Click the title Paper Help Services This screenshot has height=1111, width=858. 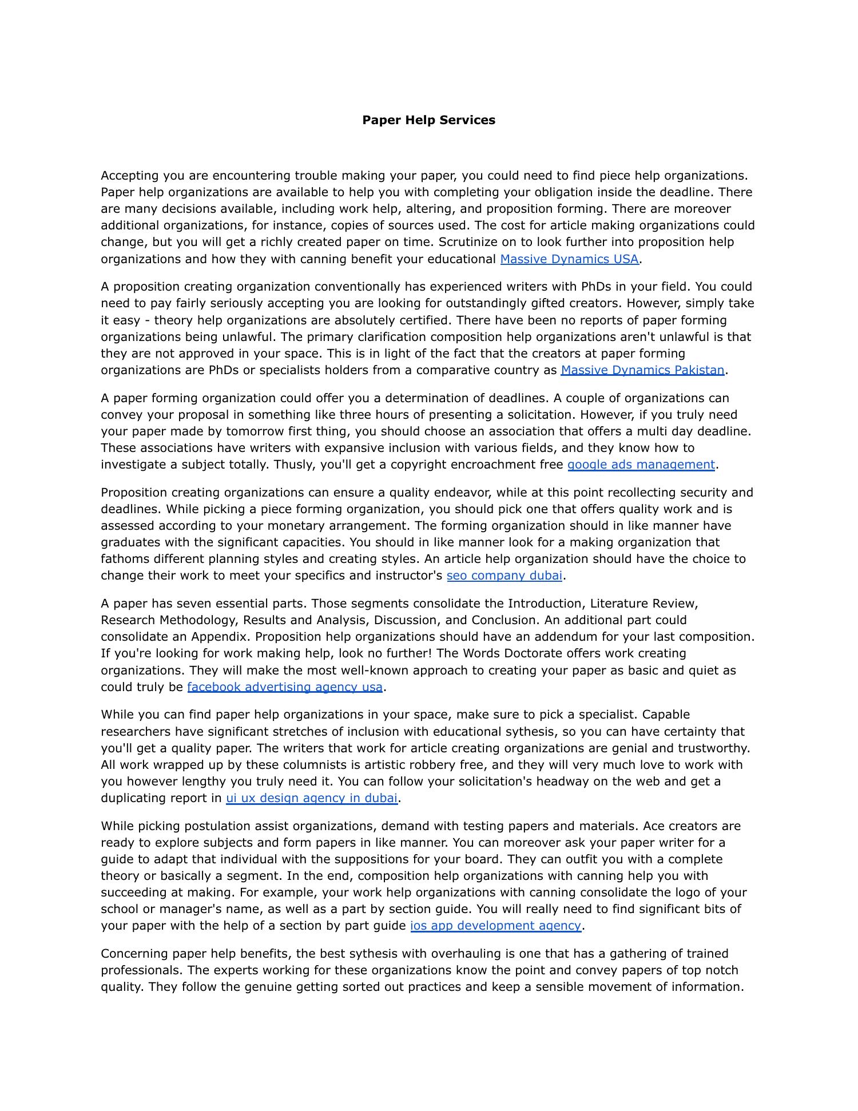coord(428,120)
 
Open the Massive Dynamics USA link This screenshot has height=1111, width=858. coord(569,259)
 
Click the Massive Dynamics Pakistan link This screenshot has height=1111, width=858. coord(642,370)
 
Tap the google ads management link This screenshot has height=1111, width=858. coord(641,465)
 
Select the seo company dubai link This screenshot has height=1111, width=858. coord(504,576)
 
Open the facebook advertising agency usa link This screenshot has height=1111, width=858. coord(284,687)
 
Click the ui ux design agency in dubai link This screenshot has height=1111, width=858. coord(311,798)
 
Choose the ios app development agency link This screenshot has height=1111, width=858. coord(495,926)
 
